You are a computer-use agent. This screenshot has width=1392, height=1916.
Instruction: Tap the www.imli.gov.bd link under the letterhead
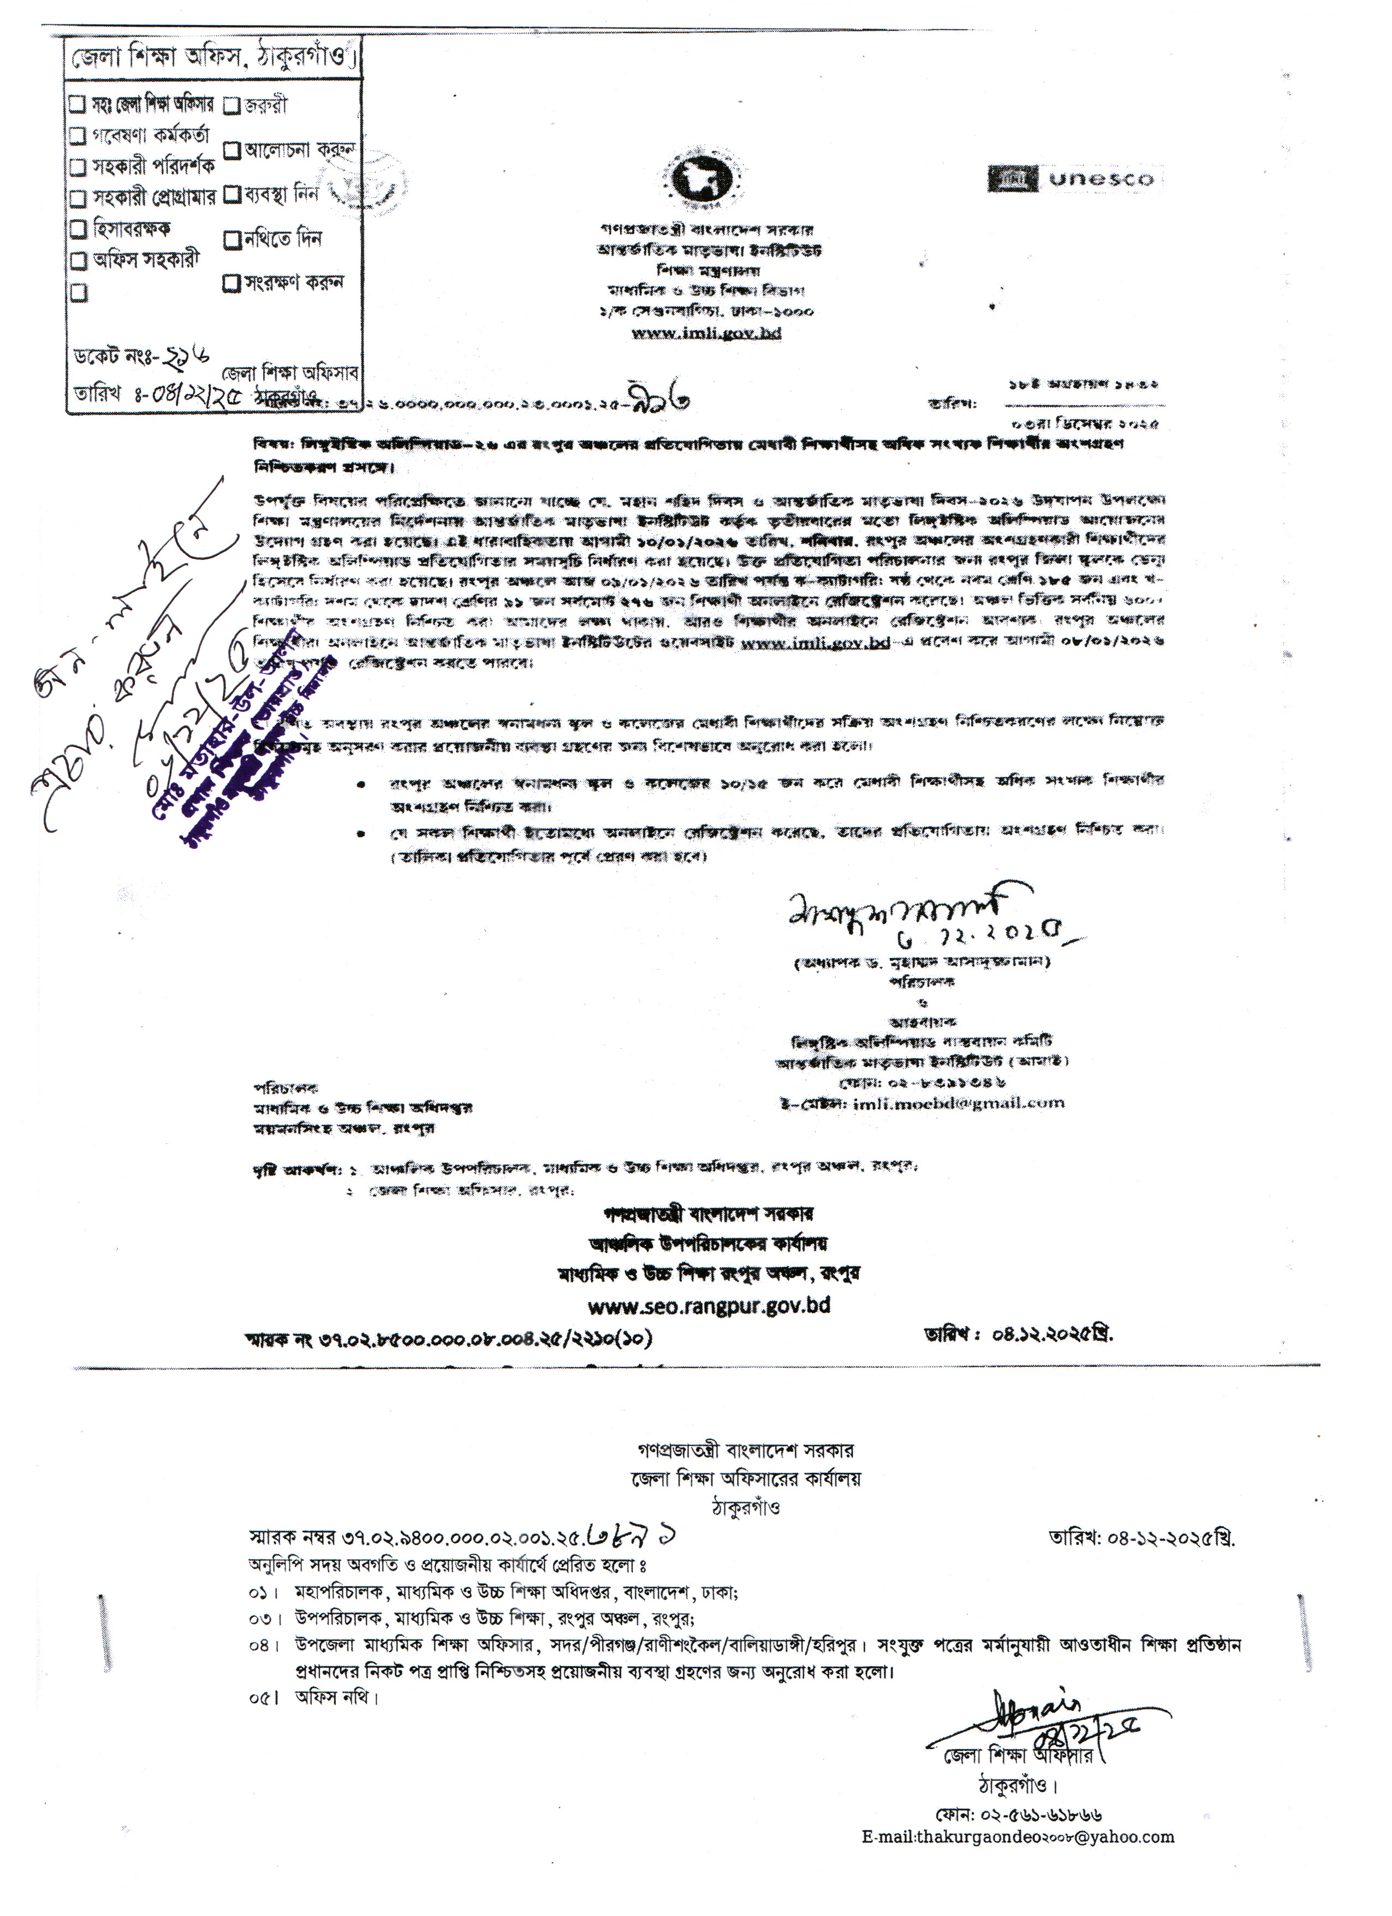coord(706,333)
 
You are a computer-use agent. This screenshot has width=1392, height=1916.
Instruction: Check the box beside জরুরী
coord(231,105)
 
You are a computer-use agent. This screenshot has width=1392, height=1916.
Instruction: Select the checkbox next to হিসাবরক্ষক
coord(78,228)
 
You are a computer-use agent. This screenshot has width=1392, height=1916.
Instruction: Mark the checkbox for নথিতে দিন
coord(233,240)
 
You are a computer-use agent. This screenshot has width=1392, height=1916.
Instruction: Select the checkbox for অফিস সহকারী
coord(78,259)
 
